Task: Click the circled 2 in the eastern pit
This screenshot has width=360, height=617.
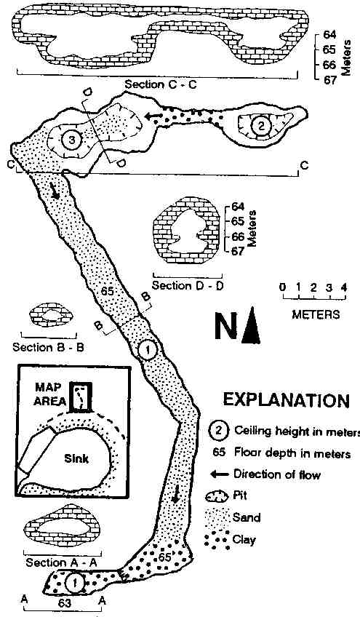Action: pyautogui.click(x=260, y=126)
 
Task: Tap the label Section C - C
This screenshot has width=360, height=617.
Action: pyautogui.click(x=160, y=84)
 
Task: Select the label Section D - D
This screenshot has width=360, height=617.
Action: pyautogui.click(x=188, y=285)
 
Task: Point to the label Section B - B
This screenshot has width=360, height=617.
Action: pyautogui.click(x=48, y=348)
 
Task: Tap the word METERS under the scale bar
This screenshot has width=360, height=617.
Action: pyautogui.click(x=316, y=314)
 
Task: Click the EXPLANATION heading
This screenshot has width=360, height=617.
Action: pyautogui.click(x=286, y=400)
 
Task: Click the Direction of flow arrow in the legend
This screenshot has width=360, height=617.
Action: pyautogui.click(x=219, y=474)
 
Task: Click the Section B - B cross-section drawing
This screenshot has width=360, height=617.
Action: pyautogui.click(x=51, y=315)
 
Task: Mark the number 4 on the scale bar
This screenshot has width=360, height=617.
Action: pyautogui.click(x=345, y=287)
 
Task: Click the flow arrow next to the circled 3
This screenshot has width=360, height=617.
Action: pyautogui.click(x=153, y=116)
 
